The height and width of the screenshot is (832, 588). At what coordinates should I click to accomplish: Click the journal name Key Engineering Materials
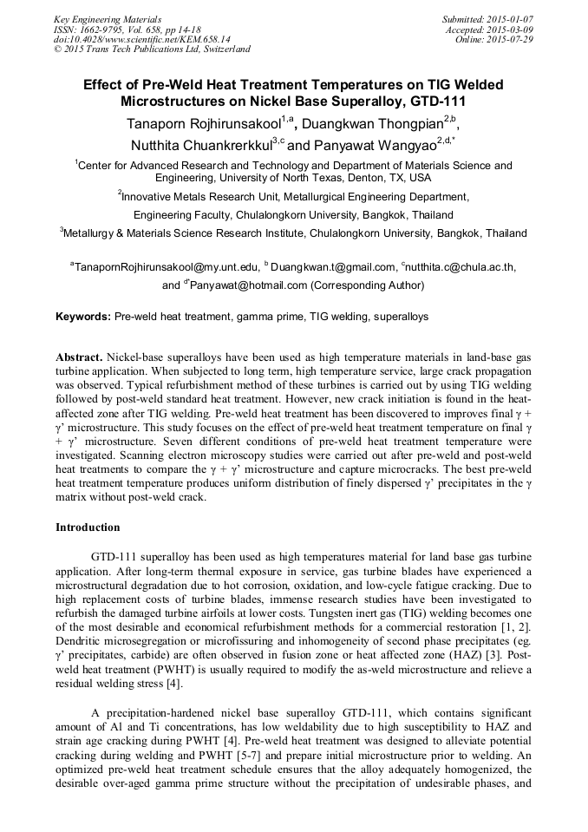coord(108,19)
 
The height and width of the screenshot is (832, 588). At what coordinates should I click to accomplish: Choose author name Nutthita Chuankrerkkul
coord(200,145)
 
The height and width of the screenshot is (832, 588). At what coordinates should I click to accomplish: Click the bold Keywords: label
coord(83,318)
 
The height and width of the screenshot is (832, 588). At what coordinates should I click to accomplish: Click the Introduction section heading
coord(88,527)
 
